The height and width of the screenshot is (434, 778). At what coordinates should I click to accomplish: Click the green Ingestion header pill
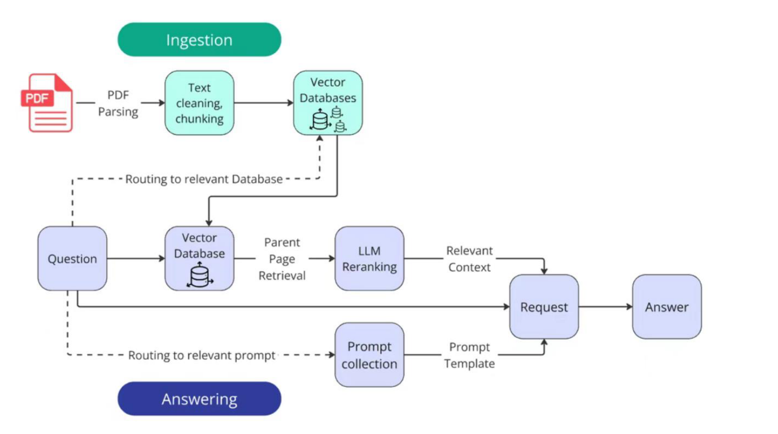pyautogui.click(x=200, y=39)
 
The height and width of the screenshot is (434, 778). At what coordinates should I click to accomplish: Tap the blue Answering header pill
pyautogui.click(x=200, y=399)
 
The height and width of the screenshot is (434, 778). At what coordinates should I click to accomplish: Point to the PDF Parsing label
pyautogui.click(x=118, y=103)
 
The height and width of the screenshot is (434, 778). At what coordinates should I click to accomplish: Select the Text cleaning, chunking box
pyautogui.click(x=200, y=103)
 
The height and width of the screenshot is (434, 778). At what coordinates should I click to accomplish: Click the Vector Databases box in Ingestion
pyautogui.click(x=328, y=103)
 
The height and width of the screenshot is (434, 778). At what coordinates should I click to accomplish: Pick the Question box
pyautogui.click(x=72, y=258)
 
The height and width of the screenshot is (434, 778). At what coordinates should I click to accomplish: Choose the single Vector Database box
pyautogui.click(x=200, y=258)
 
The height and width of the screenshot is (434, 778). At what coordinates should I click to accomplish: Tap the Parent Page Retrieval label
pyautogui.click(x=282, y=259)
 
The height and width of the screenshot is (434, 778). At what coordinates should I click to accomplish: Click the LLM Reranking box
pyautogui.click(x=369, y=258)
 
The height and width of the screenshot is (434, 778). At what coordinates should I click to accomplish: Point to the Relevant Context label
pyautogui.click(x=469, y=259)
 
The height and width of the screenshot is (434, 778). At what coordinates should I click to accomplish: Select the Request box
pyautogui.click(x=544, y=307)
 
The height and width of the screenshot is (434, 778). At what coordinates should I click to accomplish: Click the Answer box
pyautogui.click(x=667, y=307)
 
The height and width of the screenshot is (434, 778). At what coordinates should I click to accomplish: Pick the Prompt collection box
pyautogui.click(x=369, y=355)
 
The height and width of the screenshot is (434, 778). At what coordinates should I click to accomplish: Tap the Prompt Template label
pyautogui.click(x=469, y=355)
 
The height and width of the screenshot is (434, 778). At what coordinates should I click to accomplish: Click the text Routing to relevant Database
pyautogui.click(x=204, y=179)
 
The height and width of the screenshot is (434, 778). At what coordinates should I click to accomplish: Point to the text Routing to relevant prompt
pyautogui.click(x=202, y=355)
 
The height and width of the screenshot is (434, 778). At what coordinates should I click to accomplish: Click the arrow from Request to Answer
pyautogui.click(x=605, y=307)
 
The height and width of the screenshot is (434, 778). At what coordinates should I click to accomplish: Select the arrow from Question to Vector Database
pyautogui.click(x=136, y=258)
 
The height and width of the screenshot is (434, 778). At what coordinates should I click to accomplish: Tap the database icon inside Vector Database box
pyautogui.click(x=200, y=275)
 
